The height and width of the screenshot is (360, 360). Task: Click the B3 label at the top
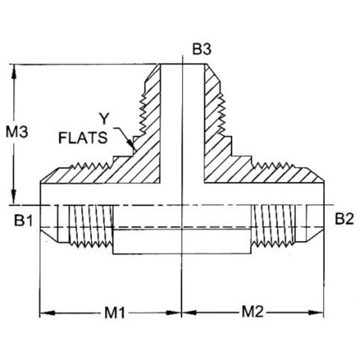click(202, 49)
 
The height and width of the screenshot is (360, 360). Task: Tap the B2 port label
click(344, 220)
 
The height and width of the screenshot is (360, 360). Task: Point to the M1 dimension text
click(115, 313)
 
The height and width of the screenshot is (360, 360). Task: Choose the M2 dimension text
click(252, 312)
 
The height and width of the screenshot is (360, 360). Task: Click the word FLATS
click(83, 138)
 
